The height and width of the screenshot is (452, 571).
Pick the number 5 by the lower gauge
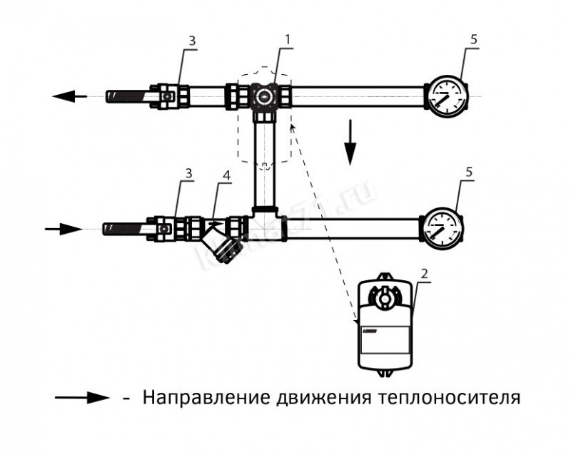(470, 173)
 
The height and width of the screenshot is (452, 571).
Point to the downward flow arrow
(350, 142)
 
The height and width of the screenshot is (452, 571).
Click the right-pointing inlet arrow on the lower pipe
(64, 229)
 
